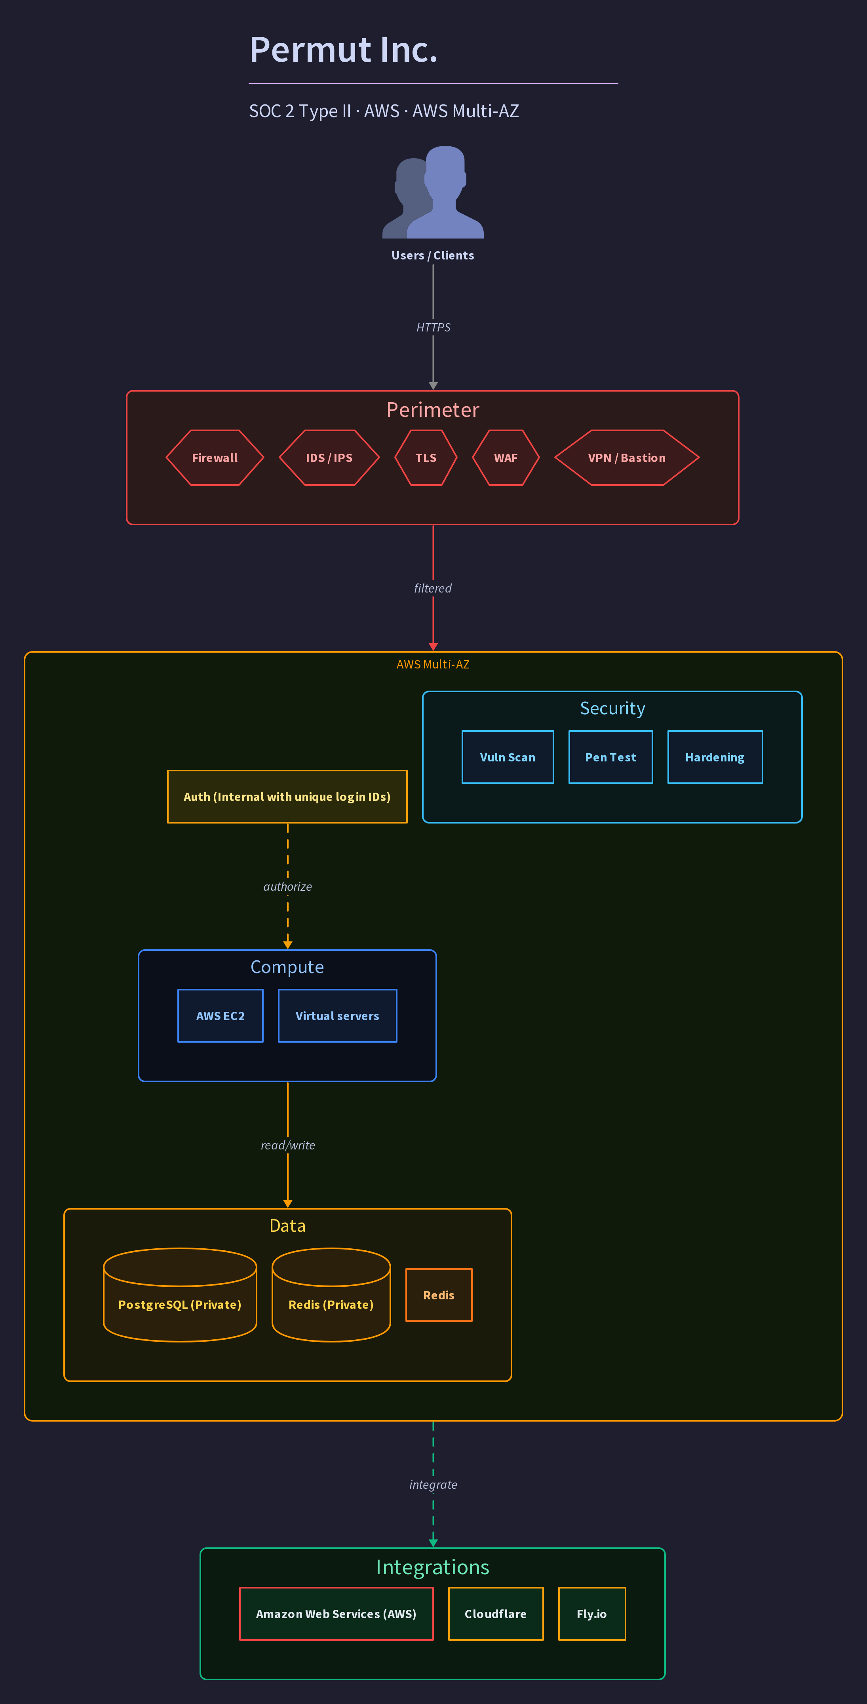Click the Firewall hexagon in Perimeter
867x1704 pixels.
(215, 458)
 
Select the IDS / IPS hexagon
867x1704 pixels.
(329, 458)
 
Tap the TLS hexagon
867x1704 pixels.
(426, 458)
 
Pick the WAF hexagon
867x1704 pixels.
(506, 458)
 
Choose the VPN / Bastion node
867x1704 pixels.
(627, 458)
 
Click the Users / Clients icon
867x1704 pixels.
(433, 192)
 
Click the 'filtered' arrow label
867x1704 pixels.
(433, 588)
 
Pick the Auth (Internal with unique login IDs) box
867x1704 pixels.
(287, 797)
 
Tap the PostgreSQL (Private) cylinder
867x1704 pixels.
(180, 1295)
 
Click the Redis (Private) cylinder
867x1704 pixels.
(331, 1295)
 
